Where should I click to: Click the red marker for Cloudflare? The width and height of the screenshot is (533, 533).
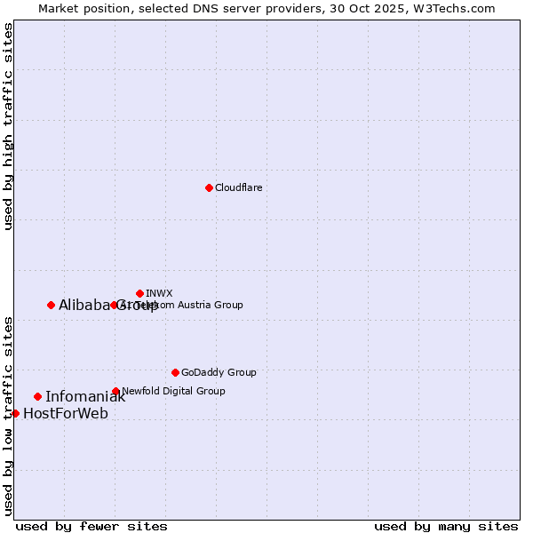pyautogui.click(x=209, y=187)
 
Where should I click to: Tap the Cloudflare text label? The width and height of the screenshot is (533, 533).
pyautogui.click(x=238, y=187)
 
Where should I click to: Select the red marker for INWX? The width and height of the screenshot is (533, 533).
pyautogui.click(x=139, y=293)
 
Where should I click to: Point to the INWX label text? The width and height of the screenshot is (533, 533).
pyautogui.click(x=159, y=293)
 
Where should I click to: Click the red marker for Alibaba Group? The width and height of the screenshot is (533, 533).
pyautogui.click(x=51, y=305)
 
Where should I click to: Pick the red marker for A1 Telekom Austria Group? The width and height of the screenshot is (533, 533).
pyautogui.click(x=114, y=305)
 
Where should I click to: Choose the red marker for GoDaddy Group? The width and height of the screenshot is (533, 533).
pyautogui.click(x=175, y=372)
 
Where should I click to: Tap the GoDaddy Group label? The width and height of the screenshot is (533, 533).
pyautogui.click(x=219, y=372)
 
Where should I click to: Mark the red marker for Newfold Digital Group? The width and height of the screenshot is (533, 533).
pyautogui.click(x=115, y=391)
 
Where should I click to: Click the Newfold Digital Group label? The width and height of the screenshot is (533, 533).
pyautogui.click(x=173, y=391)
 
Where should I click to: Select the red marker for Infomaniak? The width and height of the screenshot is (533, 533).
pyautogui.click(x=37, y=396)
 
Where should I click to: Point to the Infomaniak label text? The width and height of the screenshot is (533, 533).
pyautogui.click(x=85, y=397)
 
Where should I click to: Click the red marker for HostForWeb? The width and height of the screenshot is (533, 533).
pyautogui.click(x=15, y=413)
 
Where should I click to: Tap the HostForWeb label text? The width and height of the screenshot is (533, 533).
pyautogui.click(x=66, y=414)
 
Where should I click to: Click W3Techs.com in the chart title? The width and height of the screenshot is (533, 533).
pyautogui.click(x=458, y=8)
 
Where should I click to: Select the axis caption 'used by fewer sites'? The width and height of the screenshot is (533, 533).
pyautogui.click(x=91, y=526)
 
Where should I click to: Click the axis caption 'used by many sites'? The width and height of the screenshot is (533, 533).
pyautogui.click(x=446, y=526)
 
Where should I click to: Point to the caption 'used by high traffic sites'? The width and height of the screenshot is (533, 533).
pyautogui.click(x=8, y=126)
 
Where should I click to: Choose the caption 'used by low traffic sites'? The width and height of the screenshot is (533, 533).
pyautogui.click(x=8, y=416)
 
